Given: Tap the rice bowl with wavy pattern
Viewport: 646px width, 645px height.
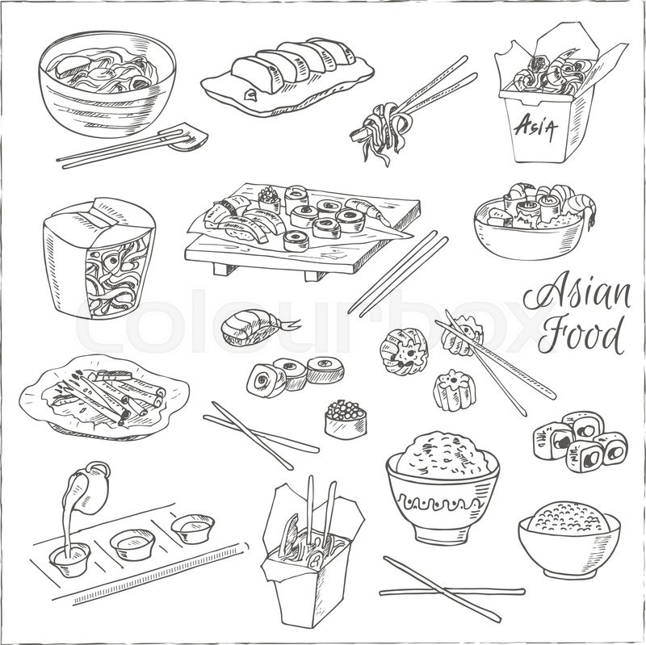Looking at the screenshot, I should tap(442, 484).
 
